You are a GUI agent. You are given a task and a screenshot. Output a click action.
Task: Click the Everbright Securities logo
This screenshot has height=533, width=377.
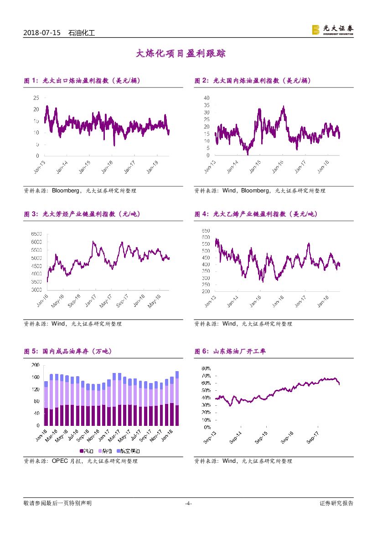(332, 30)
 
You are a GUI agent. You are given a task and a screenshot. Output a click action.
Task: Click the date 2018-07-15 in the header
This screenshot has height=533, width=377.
(42, 33)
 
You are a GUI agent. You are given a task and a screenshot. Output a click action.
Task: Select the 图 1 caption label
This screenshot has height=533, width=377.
(31, 81)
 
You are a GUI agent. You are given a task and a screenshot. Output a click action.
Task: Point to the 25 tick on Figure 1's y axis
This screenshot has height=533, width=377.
(36, 98)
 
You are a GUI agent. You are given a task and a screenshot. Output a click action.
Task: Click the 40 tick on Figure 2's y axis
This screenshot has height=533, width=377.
(206, 98)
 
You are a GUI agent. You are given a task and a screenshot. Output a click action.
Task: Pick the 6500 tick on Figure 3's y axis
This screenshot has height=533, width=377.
(36, 234)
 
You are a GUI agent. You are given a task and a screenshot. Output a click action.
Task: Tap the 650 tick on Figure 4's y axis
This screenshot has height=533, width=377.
(206, 231)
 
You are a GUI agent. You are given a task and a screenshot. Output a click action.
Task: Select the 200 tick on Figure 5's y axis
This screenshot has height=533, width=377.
(35, 365)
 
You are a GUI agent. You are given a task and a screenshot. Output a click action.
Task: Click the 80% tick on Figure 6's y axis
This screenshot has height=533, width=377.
(206, 368)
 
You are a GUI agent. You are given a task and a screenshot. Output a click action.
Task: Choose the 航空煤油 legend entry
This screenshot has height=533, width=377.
(131, 451)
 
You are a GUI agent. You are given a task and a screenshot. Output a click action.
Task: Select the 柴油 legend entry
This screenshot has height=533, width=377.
(108, 451)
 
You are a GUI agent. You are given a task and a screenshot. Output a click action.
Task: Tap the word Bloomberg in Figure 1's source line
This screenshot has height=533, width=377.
(67, 191)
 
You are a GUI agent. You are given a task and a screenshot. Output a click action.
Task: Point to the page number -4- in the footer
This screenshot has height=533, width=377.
(188, 504)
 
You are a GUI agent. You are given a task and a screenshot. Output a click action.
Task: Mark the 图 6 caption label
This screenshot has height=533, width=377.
(201, 352)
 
